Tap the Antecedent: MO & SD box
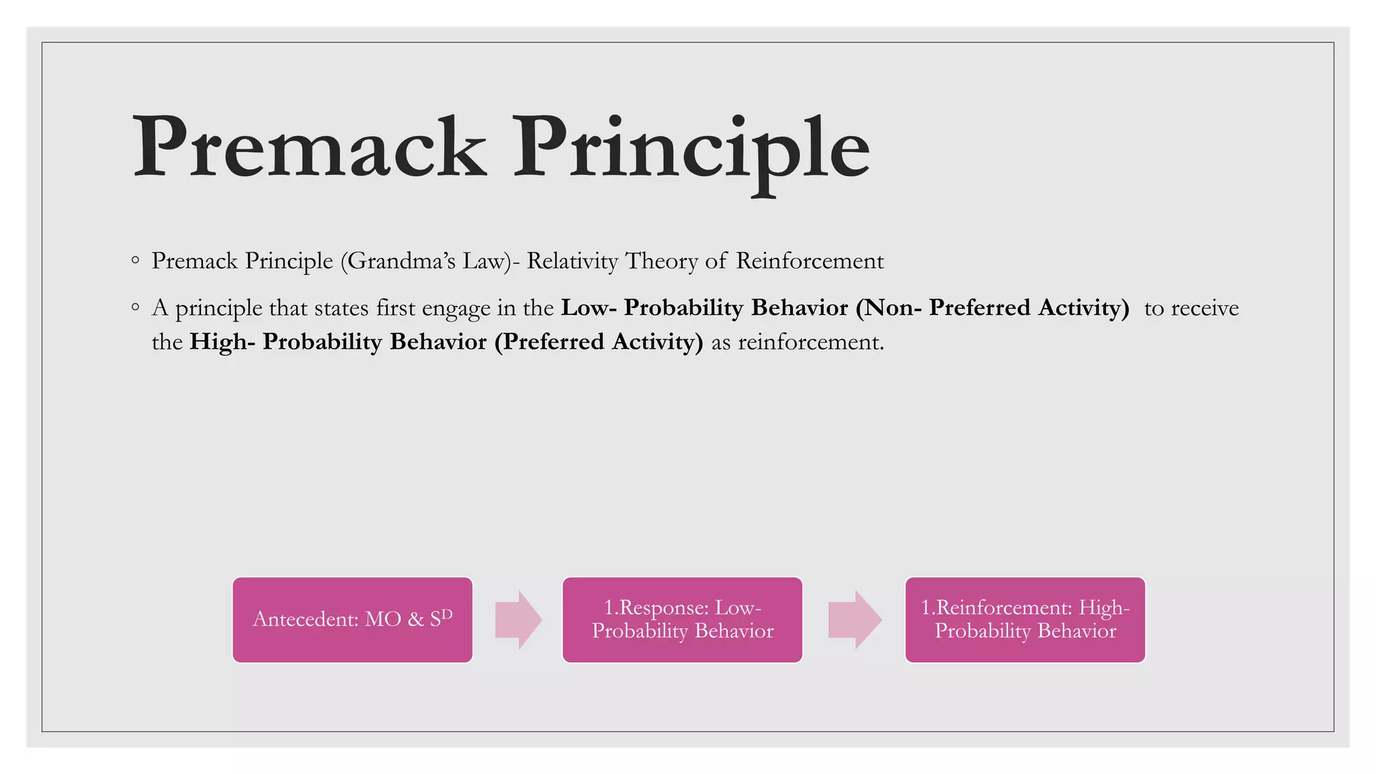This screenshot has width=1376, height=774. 352,619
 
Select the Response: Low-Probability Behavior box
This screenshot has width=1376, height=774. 682,619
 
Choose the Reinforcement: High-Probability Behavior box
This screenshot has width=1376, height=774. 1025,619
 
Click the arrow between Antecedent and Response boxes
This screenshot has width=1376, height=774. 518,619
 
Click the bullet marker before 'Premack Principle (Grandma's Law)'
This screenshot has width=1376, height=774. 136,260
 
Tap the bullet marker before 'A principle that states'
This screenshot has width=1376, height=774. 136,308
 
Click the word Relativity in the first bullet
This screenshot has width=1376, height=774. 572,261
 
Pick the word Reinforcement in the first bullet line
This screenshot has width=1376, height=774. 810,261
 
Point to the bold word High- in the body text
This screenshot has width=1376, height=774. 222,342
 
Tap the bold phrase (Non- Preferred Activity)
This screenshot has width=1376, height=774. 992,308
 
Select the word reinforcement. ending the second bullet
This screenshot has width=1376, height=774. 811,342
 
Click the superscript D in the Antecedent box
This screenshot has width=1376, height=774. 447,613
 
